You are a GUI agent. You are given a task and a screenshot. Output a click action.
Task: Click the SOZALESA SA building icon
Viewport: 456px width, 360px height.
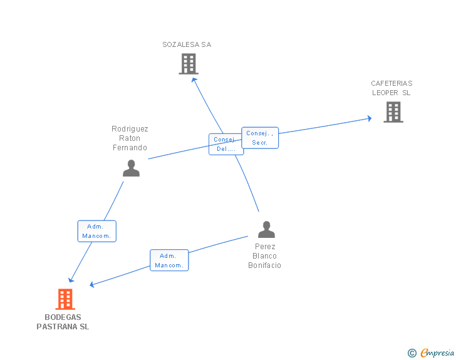188,64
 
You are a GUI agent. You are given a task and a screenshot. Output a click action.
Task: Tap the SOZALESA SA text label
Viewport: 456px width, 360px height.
187,44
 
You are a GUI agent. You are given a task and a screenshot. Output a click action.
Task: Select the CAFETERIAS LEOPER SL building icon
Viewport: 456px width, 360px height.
393,112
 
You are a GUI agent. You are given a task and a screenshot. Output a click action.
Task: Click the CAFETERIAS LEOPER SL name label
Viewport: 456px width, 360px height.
391,88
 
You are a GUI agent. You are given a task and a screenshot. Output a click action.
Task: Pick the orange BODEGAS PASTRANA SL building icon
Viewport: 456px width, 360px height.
65,299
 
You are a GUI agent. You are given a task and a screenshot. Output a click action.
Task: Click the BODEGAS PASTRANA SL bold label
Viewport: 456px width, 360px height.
63,322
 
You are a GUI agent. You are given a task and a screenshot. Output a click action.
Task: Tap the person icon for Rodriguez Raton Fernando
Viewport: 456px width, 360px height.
131,168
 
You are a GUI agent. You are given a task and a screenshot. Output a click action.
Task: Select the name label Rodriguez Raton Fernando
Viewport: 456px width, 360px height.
130,138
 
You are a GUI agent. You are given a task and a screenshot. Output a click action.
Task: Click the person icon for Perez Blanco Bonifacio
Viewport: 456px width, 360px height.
266,229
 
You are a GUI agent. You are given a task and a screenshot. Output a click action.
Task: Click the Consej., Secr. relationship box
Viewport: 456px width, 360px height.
260,138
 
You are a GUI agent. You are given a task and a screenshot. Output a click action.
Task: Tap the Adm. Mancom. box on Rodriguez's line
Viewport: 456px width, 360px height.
96,231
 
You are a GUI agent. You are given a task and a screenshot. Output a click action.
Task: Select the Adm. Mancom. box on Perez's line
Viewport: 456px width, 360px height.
168,260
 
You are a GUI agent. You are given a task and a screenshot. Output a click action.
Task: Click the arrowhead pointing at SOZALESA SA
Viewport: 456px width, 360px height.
194,79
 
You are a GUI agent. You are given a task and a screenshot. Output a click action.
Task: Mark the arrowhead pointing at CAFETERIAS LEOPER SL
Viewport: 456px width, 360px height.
370,118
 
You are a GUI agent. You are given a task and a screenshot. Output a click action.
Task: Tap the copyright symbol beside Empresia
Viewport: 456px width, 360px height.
412,353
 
